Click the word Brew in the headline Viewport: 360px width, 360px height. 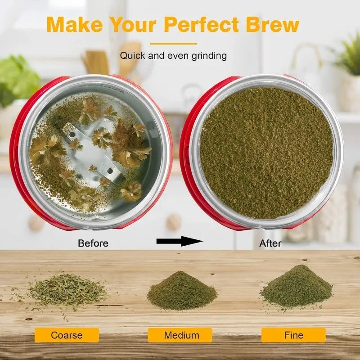tap(273, 24)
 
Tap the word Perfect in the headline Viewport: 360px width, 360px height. tap(202, 24)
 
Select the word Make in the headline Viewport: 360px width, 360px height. tap(74, 24)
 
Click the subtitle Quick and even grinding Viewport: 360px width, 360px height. tap(173, 56)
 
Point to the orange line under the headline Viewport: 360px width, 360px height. tap(173, 43)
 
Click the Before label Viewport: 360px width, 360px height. tap(93, 243)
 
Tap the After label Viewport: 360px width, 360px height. tap(270, 243)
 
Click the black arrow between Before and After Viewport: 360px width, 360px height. tap(180, 241)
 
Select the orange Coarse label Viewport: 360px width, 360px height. tap(67, 335)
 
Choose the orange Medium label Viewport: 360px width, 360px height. tap(180, 335)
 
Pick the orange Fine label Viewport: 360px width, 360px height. tap(293, 335)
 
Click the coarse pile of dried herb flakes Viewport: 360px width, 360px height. tap(67, 289)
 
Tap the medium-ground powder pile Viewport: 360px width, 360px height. tap(182, 290)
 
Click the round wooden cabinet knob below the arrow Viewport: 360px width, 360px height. tap(174, 222)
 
